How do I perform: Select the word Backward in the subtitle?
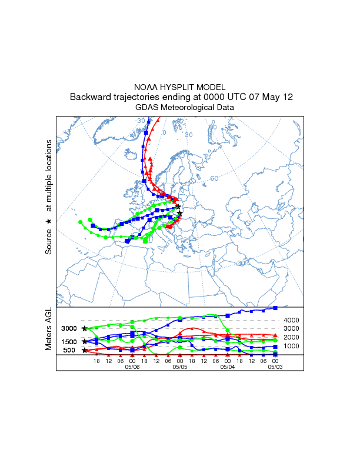(x=90, y=97)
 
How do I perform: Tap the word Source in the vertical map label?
(x=49, y=241)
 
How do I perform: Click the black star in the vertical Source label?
(x=49, y=221)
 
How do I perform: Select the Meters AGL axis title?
(x=49, y=331)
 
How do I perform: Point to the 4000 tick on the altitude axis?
(x=292, y=320)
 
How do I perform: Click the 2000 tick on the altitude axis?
(x=292, y=337)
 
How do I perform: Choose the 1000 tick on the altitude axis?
(x=292, y=346)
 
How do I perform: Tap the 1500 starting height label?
(x=69, y=342)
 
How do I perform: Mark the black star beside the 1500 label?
(x=85, y=341)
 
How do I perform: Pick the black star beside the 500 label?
(x=85, y=350)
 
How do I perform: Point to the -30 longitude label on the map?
(x=140, y=121)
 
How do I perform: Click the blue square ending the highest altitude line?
(x=275, y=308)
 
